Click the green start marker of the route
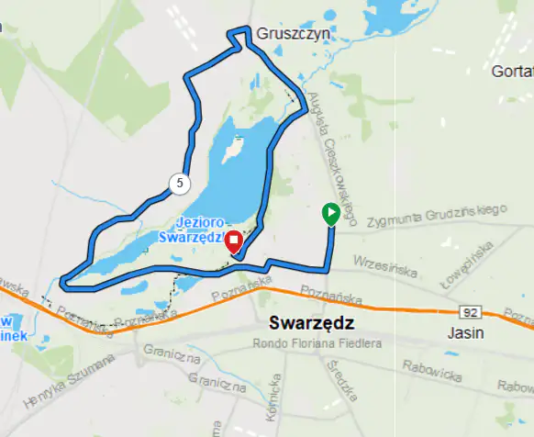coord(330,214)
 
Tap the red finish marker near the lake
coord(233,241)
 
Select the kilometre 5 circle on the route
coord(179,183)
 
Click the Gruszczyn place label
coord(293,34)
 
